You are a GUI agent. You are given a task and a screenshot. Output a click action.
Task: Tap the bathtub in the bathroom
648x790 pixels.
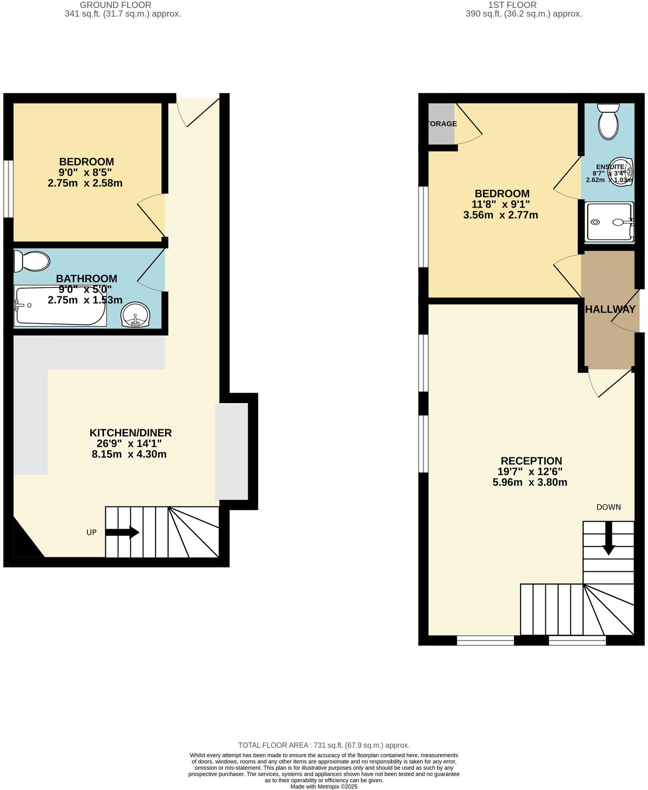(x=60, y=306)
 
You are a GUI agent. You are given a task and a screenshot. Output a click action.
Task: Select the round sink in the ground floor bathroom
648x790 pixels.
(x=136, y=315)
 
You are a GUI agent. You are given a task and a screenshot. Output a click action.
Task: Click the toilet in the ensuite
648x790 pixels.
(x=608, y=121)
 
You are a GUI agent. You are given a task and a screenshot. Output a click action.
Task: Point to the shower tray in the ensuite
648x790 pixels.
(x=609, y=222)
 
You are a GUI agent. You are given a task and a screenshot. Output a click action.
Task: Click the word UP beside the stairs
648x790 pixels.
(x=91, y=532)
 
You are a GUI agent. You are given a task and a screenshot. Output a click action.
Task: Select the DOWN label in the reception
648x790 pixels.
(x=608, y=507)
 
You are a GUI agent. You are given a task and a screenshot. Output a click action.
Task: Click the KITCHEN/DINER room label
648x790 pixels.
(x=130, y=433)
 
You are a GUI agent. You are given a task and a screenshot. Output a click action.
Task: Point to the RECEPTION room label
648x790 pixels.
(x=531, y=461)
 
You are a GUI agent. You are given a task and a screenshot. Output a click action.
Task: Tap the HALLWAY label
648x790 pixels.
(x=610, y=309)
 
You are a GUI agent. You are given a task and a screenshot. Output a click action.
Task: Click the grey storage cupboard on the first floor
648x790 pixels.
(x=441, y=124)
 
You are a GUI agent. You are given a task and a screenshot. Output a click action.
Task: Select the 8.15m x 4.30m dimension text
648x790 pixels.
(x=129, y=454)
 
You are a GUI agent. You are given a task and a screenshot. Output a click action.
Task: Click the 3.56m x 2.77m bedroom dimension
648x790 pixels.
(x=500, y=215)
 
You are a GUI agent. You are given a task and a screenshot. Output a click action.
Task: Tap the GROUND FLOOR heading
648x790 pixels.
(x=115, y=5)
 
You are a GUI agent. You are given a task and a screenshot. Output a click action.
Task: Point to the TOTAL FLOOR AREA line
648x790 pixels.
(x=324, y=745)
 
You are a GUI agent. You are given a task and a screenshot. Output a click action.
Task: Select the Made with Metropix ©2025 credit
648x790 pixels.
(x=324, y=787)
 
